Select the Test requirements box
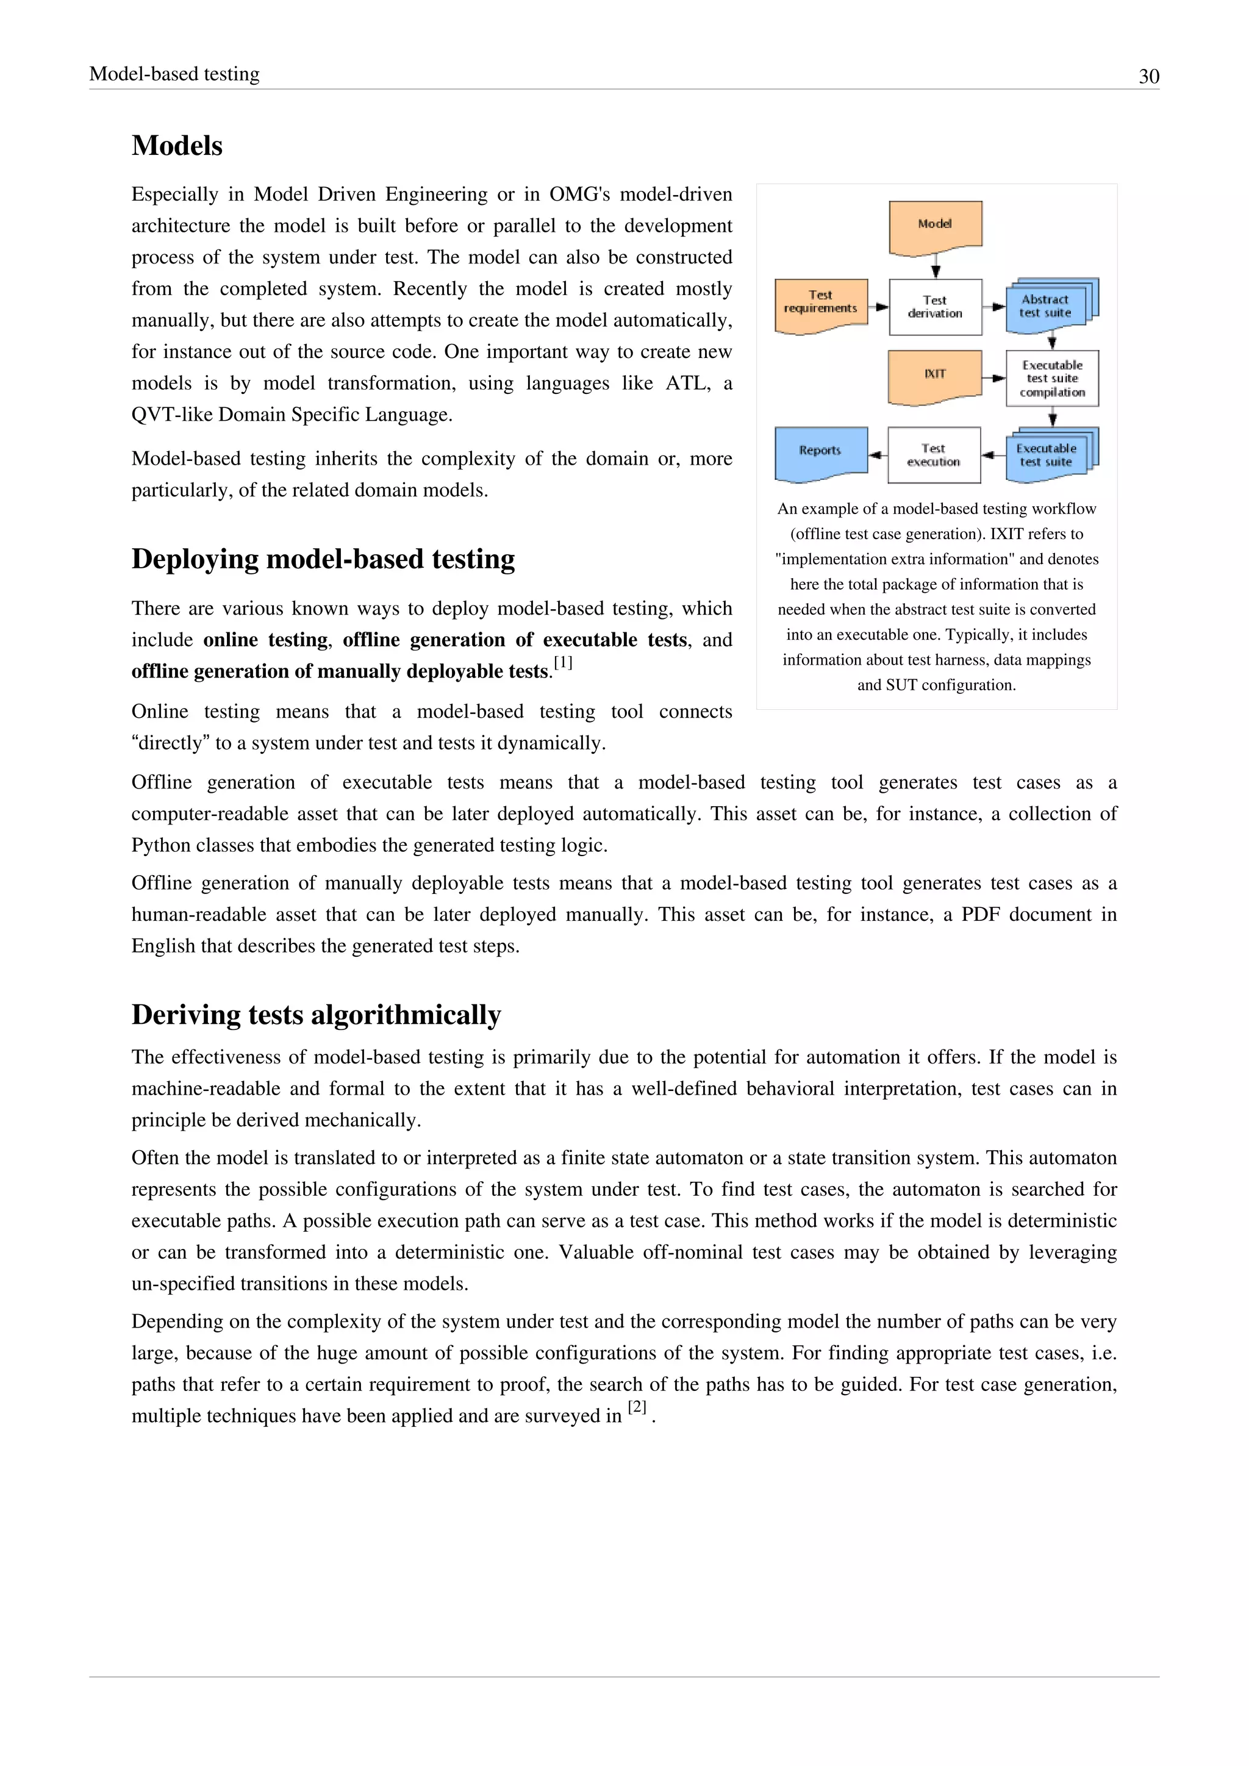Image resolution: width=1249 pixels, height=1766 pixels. (821, 304)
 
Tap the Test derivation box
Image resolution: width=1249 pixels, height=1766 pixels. (935, 307)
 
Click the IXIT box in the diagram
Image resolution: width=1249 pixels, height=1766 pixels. (935, 376)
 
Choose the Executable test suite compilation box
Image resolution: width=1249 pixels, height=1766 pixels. (1052, 379)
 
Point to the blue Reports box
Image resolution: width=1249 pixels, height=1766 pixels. (821, 452)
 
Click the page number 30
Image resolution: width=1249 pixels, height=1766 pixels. (1148, 76)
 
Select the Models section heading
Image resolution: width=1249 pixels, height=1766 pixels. (177, 145)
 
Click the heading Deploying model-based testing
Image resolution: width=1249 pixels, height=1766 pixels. (323, 559)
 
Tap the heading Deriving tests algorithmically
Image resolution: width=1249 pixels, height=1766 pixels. (316, 1015)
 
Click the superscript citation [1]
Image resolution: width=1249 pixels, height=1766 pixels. (563, 662)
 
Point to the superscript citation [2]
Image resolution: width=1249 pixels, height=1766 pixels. (637, 1407)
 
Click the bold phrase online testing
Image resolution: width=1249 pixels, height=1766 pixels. (266, 640)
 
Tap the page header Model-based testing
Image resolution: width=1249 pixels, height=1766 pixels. (174, 74)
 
